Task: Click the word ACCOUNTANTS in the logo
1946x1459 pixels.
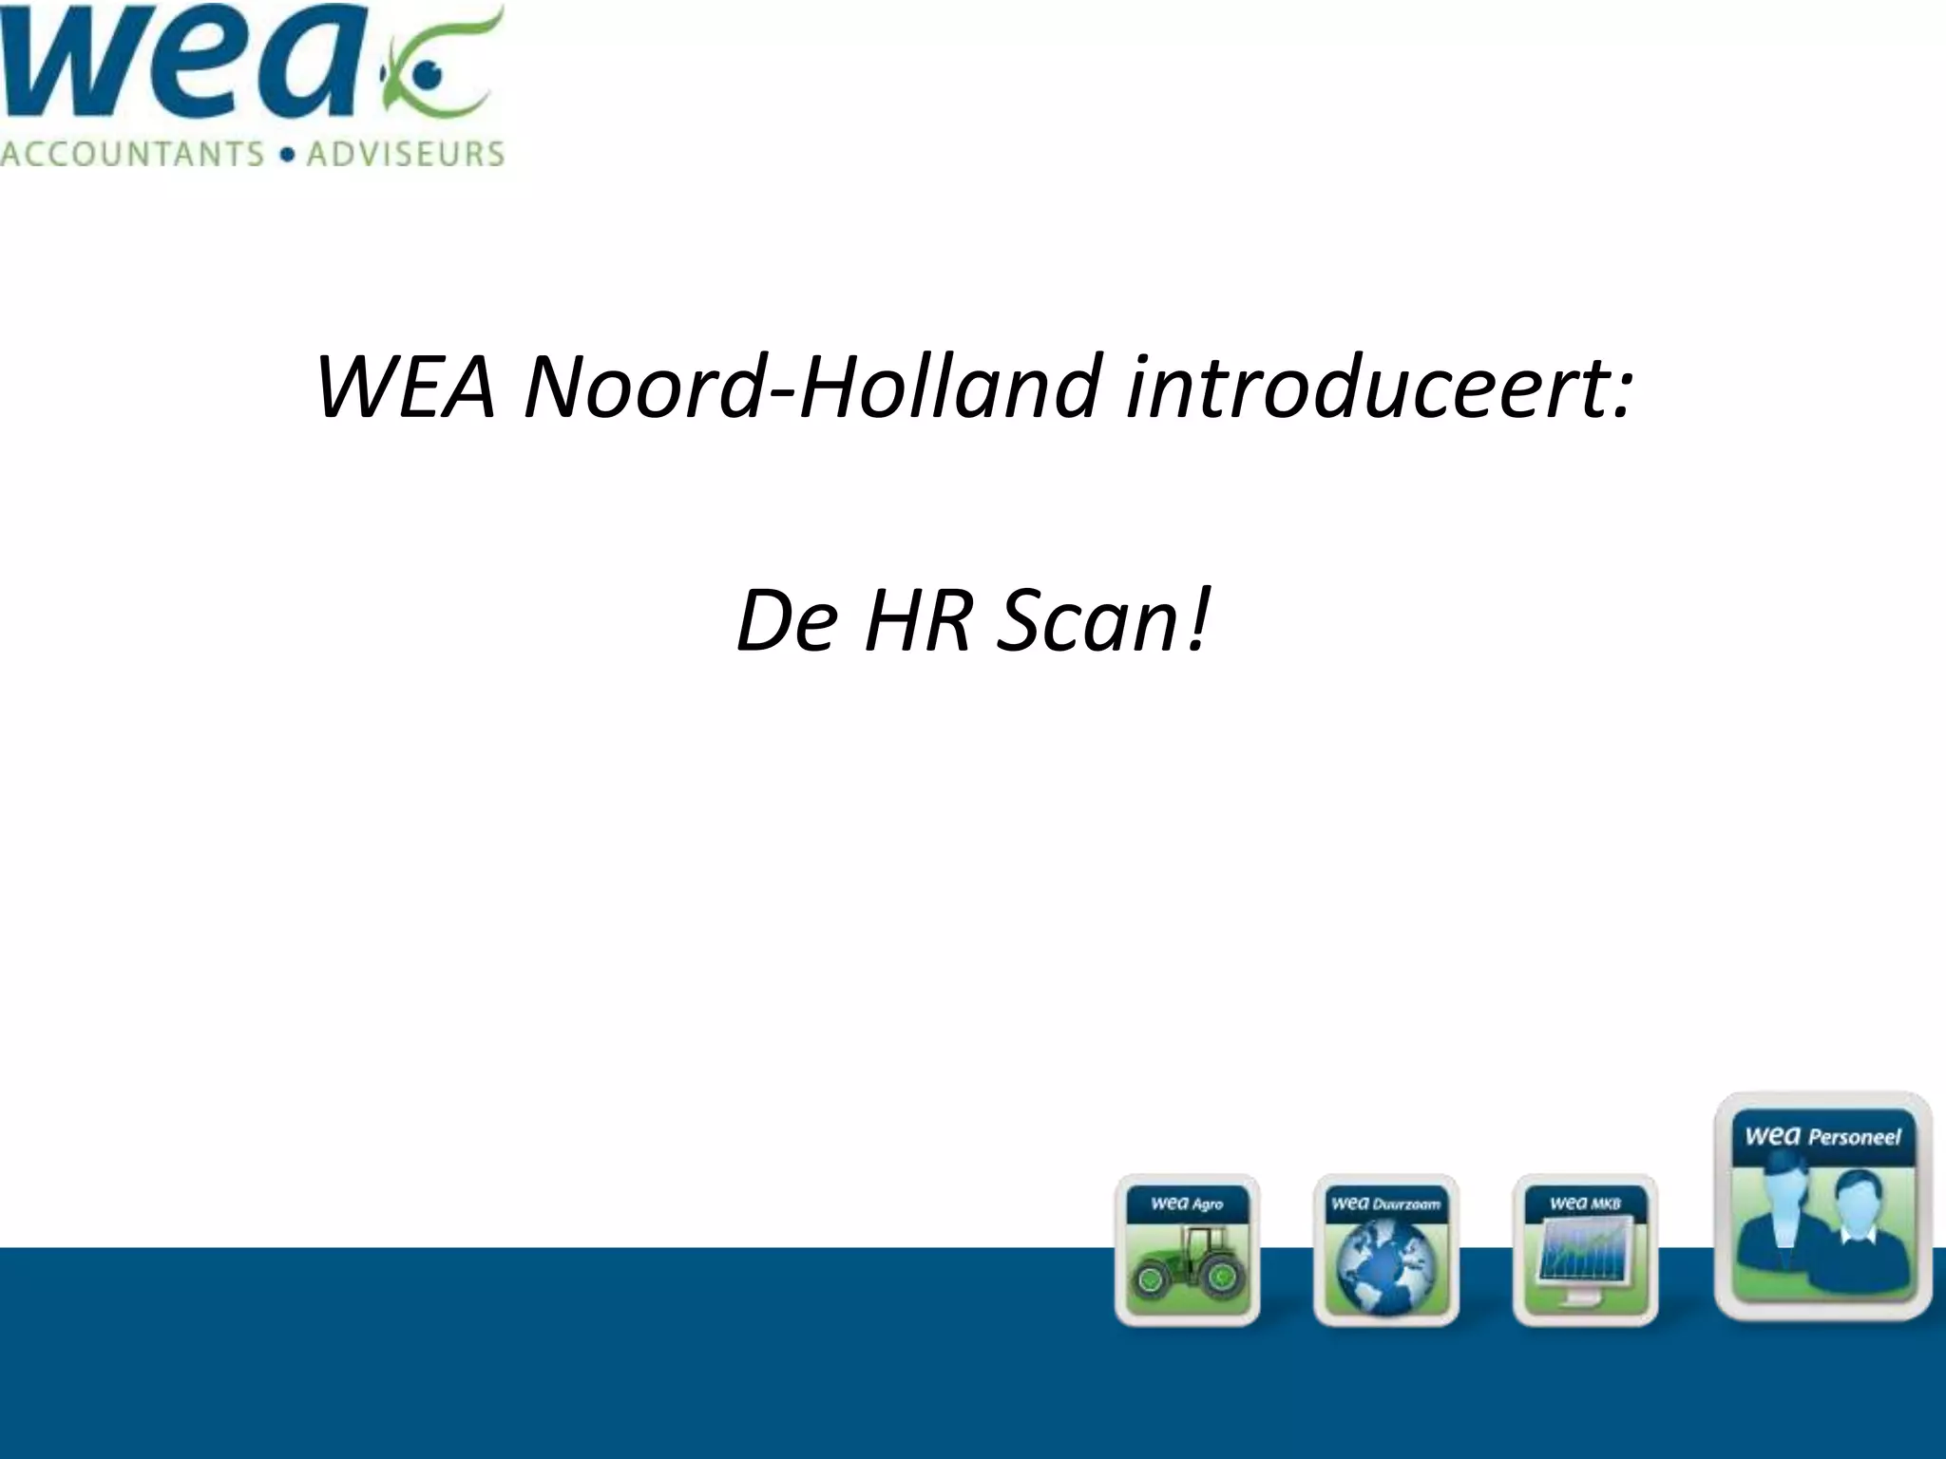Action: pos(132,154)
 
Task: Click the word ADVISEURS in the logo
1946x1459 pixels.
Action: pos(405,154)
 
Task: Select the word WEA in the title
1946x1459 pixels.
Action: pos(406,387)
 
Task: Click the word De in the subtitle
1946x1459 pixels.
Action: pos(788,621)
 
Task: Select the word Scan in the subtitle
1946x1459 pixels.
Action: pos(1083,621)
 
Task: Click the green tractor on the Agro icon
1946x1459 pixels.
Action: pos(1187,1264)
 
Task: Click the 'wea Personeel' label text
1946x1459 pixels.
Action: pos(1822,1136)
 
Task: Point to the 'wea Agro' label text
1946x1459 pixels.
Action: pos(1187,1203)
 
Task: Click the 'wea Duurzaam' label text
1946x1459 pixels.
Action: pos(1385,1203)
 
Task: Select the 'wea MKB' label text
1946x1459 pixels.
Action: pos(1585,1203)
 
